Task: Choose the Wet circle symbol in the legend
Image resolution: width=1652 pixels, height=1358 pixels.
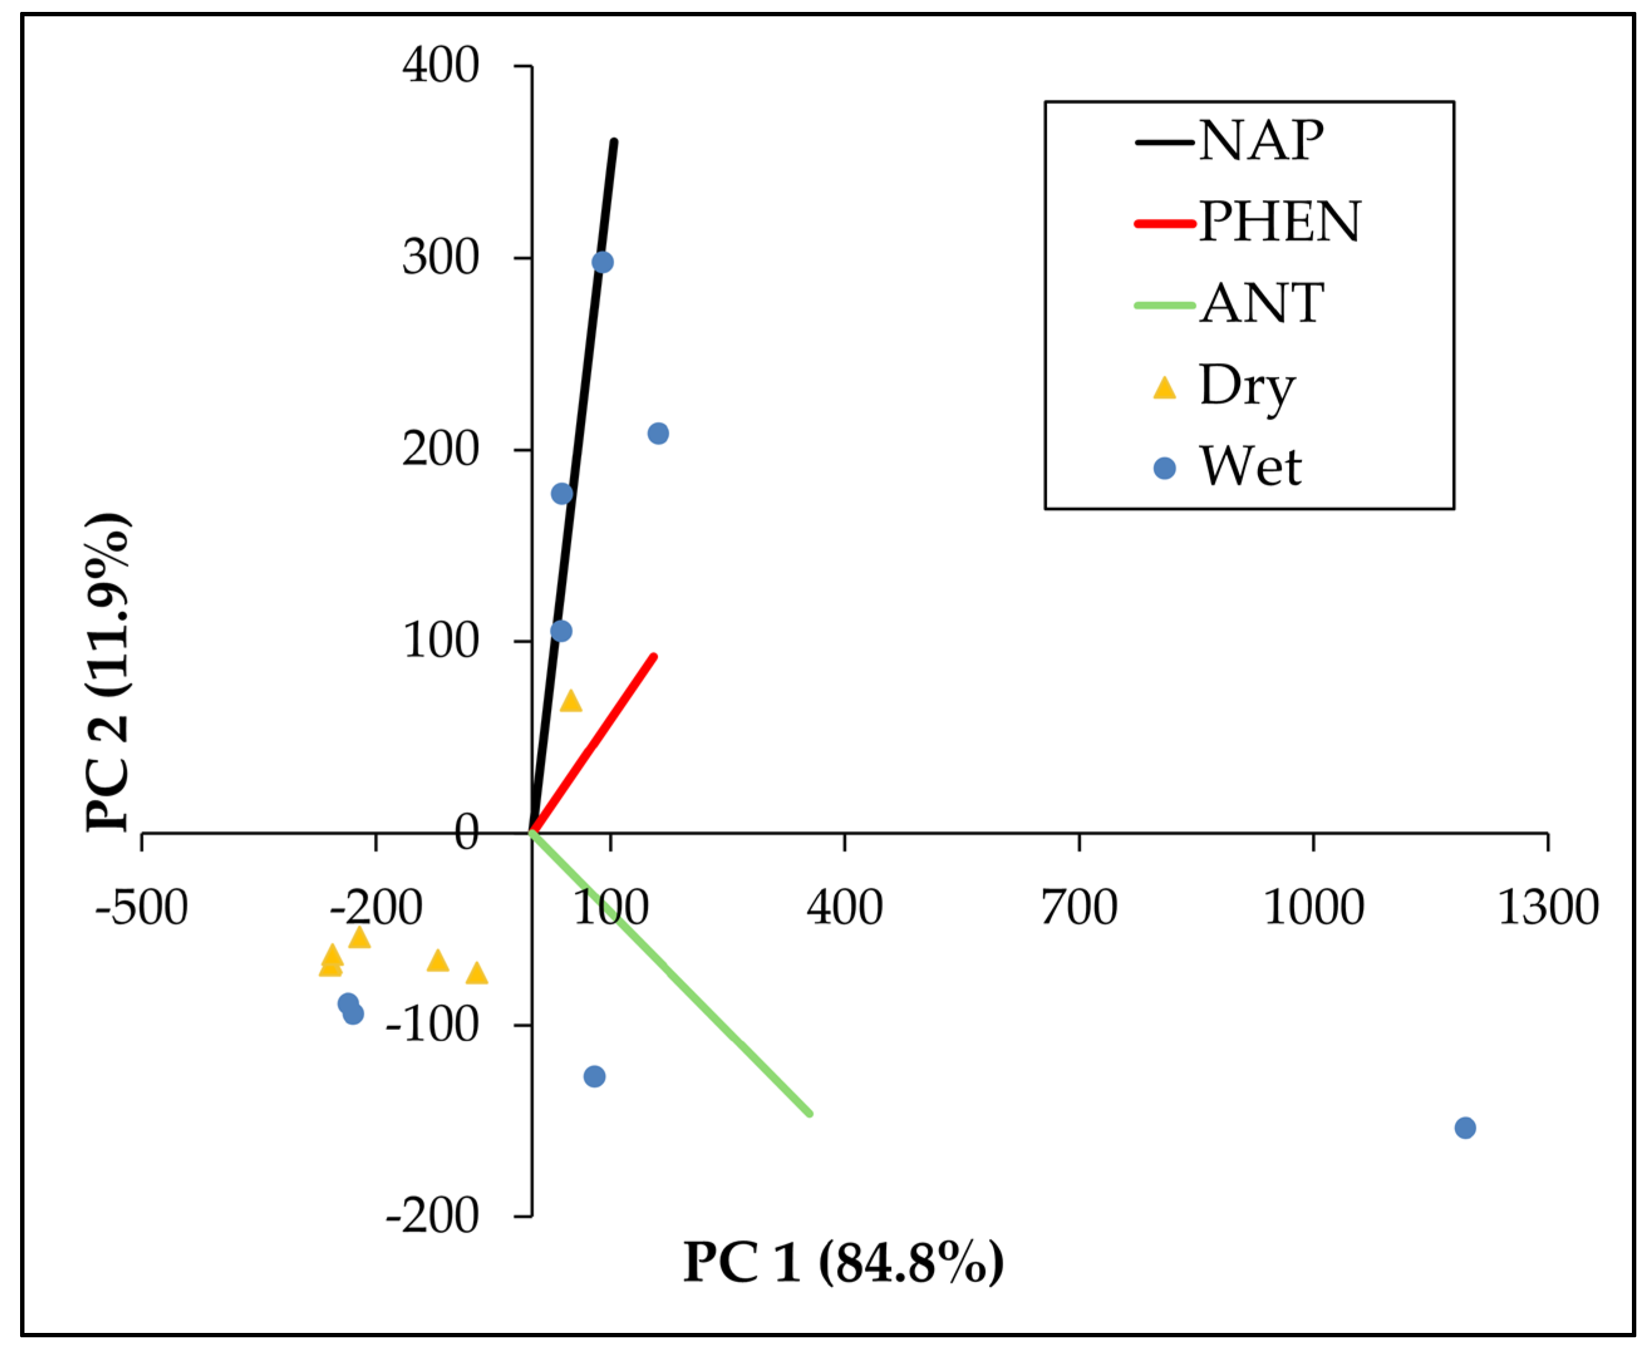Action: click(1164, 469)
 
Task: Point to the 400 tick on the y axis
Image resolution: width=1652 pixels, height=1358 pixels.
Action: click(440, 65)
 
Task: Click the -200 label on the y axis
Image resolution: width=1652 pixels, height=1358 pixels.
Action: click(431, 1216)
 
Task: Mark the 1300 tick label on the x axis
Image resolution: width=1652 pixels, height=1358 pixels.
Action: click(1548, 908)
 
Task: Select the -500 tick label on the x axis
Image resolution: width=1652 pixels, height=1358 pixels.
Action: click(142, 908)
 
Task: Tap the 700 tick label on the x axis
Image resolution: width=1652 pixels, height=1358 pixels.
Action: click(1079, 908)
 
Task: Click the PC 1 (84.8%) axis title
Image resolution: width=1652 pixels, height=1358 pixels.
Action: click(843, 1262)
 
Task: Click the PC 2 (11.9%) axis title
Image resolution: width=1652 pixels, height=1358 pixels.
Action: click(108, 673)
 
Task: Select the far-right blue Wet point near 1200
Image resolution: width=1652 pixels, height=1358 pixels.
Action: click(1465, 1128)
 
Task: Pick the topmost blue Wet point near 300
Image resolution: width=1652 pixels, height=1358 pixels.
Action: click(603, 262)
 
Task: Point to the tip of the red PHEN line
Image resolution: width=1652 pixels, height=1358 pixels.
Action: click(654, 656)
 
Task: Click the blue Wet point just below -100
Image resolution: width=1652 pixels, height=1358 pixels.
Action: click(595, 1076)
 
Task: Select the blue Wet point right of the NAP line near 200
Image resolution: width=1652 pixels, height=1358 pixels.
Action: click(658, 433)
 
